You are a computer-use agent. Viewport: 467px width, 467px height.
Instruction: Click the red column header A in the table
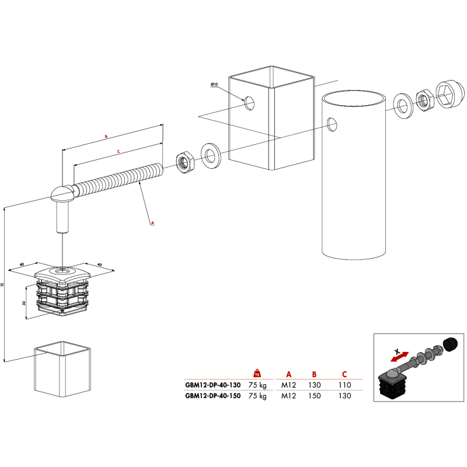coord(288,374)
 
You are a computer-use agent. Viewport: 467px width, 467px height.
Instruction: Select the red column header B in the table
coord(313,374)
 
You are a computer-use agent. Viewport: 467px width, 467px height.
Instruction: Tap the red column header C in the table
coord(344,374)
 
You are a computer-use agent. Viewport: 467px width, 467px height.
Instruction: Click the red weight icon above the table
coord(257,373)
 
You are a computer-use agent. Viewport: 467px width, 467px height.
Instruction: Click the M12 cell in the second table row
coord(288,395)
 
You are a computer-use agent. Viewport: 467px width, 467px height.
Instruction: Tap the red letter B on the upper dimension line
coord(105,136)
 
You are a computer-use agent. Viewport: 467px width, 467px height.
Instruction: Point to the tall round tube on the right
coord(354,175)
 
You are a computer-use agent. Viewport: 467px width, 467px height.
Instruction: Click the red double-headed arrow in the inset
coord(399,354)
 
